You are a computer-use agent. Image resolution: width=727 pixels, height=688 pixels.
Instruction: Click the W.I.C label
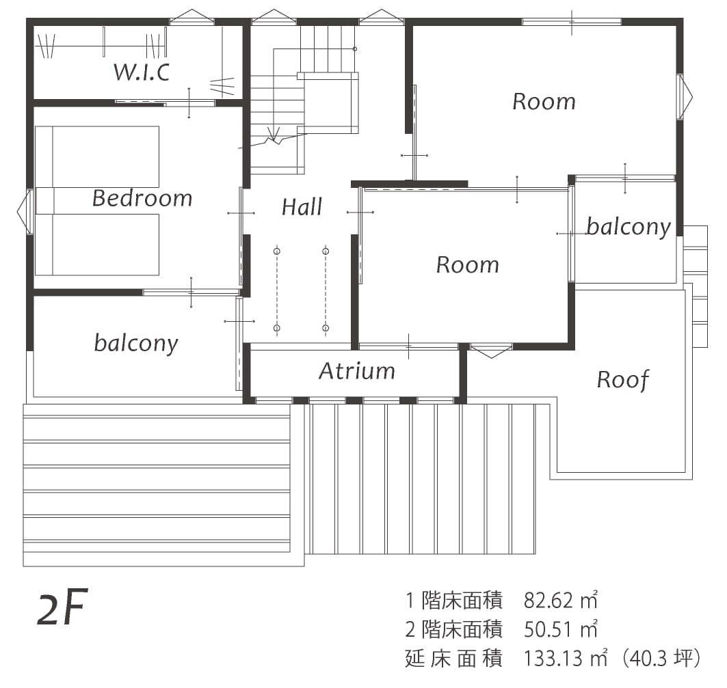click(142, 72)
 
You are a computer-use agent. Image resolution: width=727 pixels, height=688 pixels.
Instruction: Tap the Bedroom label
click(142, 198)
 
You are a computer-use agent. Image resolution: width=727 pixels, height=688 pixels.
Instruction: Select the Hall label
click(302, 206)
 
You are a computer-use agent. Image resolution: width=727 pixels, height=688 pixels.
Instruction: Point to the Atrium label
click(356, 370)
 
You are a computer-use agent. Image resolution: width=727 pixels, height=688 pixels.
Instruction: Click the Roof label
click(622, 380)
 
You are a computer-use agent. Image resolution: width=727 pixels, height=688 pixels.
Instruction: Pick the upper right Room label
click(544, 102)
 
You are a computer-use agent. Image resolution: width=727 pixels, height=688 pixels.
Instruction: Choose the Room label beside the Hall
click(467, 264)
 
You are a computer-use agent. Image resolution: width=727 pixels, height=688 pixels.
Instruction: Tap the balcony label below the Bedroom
click(136, 343)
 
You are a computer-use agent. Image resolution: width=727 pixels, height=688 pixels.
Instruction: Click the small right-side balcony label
click(629, 227)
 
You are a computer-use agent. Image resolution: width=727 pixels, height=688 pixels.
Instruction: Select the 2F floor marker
click(62, 607)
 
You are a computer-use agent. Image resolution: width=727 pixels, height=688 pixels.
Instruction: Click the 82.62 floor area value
click(548, 601)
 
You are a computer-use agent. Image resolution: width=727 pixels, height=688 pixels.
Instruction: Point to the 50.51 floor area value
click(548, 629)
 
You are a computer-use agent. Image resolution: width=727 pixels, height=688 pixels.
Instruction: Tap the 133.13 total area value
click(553, 658)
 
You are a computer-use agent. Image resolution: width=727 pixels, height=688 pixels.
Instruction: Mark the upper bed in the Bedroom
click(97, 156)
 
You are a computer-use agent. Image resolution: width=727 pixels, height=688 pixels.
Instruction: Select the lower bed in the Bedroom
click(97, 245)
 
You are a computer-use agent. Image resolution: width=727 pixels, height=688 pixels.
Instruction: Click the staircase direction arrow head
click(274, 135)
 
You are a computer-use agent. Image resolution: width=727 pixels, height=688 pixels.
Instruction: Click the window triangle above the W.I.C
click(193, 17)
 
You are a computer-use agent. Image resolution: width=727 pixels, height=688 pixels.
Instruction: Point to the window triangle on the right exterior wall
click(685, 97)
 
